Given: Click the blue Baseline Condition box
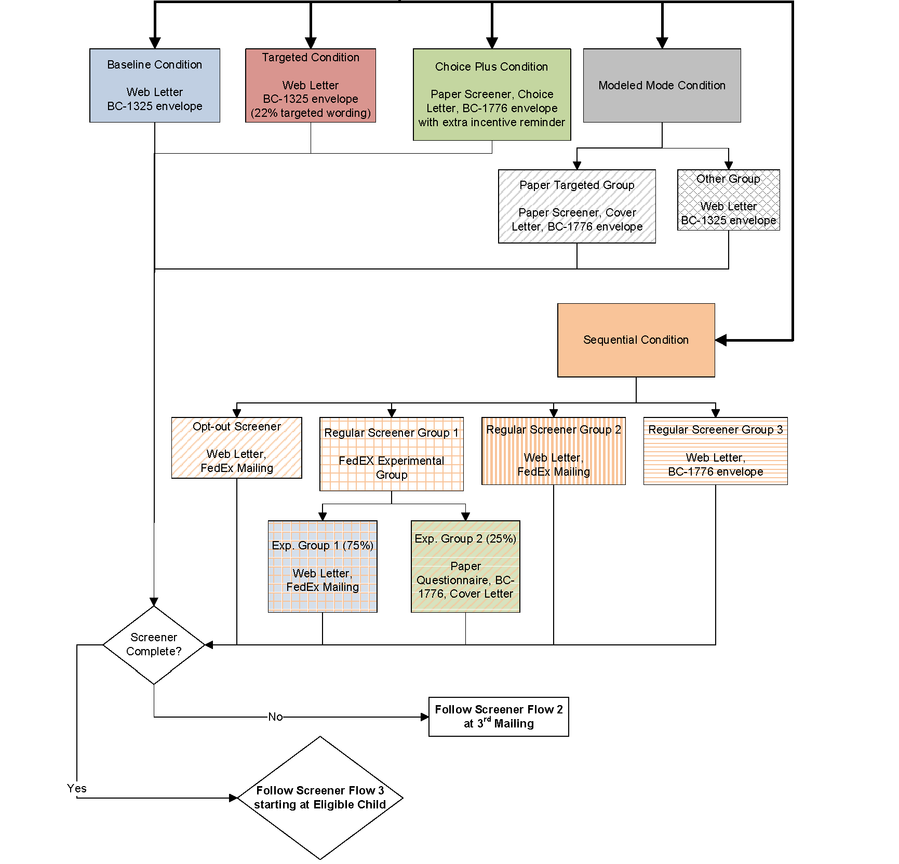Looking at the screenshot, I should pos(155,86).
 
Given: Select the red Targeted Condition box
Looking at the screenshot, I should pos(311,86).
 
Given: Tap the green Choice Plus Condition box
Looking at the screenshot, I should pos(492,95).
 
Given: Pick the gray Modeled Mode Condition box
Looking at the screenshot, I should pos(662,86).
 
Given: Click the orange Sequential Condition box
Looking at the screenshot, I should pos(636,340).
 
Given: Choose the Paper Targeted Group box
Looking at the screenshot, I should pos(576,206).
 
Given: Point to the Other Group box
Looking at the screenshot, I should pos(728,200).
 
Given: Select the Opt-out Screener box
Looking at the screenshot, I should pos(237,448).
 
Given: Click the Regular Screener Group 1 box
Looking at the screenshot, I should pos(392,454).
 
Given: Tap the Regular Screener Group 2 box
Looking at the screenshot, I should pos(554,451).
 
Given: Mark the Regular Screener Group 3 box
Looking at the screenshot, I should pos(715,451).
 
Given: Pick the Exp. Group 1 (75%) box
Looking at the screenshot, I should pos(323,566).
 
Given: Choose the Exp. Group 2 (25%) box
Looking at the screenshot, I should pos(465,566).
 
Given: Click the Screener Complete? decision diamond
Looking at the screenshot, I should pos(154,645).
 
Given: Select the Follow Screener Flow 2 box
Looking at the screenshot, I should pos(499,717).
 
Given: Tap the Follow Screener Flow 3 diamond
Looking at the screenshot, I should pos(320,798).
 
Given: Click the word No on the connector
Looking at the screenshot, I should pos(275,717).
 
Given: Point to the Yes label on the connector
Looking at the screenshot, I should pos(77,788).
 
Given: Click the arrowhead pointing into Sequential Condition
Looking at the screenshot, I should pos(721,341).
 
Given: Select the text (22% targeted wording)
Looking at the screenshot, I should pos(311,113).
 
